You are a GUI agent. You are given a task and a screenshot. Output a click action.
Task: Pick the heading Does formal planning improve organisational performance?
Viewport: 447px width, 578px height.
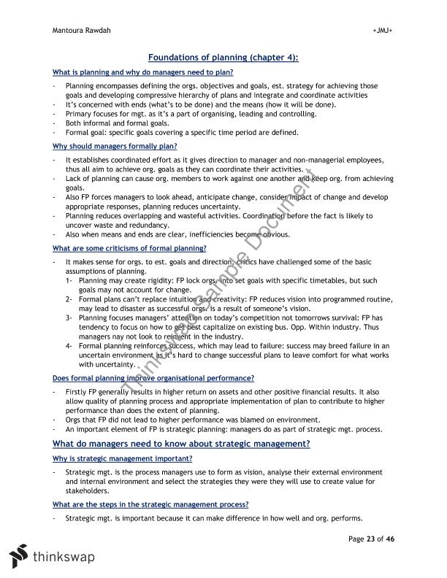153,378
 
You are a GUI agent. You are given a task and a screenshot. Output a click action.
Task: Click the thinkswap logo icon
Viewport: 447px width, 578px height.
20,556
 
